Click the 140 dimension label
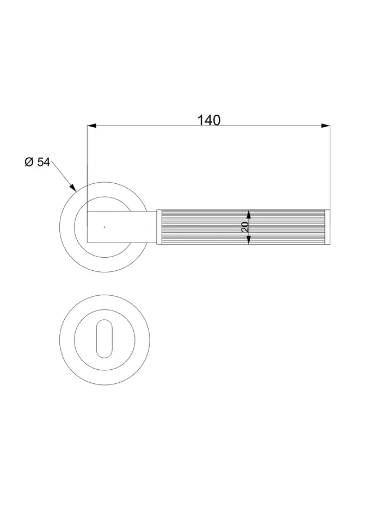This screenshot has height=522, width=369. [209, 120]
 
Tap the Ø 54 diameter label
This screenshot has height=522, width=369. [38, 162]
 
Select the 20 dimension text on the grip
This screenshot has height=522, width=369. [244, 227]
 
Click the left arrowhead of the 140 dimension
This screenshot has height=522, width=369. [91, 126]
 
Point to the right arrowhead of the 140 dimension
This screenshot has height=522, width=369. [325, 126]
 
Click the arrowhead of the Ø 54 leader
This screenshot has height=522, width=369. [73, 187]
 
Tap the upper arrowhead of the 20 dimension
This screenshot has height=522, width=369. [248, 214]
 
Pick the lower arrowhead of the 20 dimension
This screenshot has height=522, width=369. [248, 240]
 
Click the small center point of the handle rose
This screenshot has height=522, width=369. [104, 227]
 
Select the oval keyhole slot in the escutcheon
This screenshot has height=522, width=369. [104, 339]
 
